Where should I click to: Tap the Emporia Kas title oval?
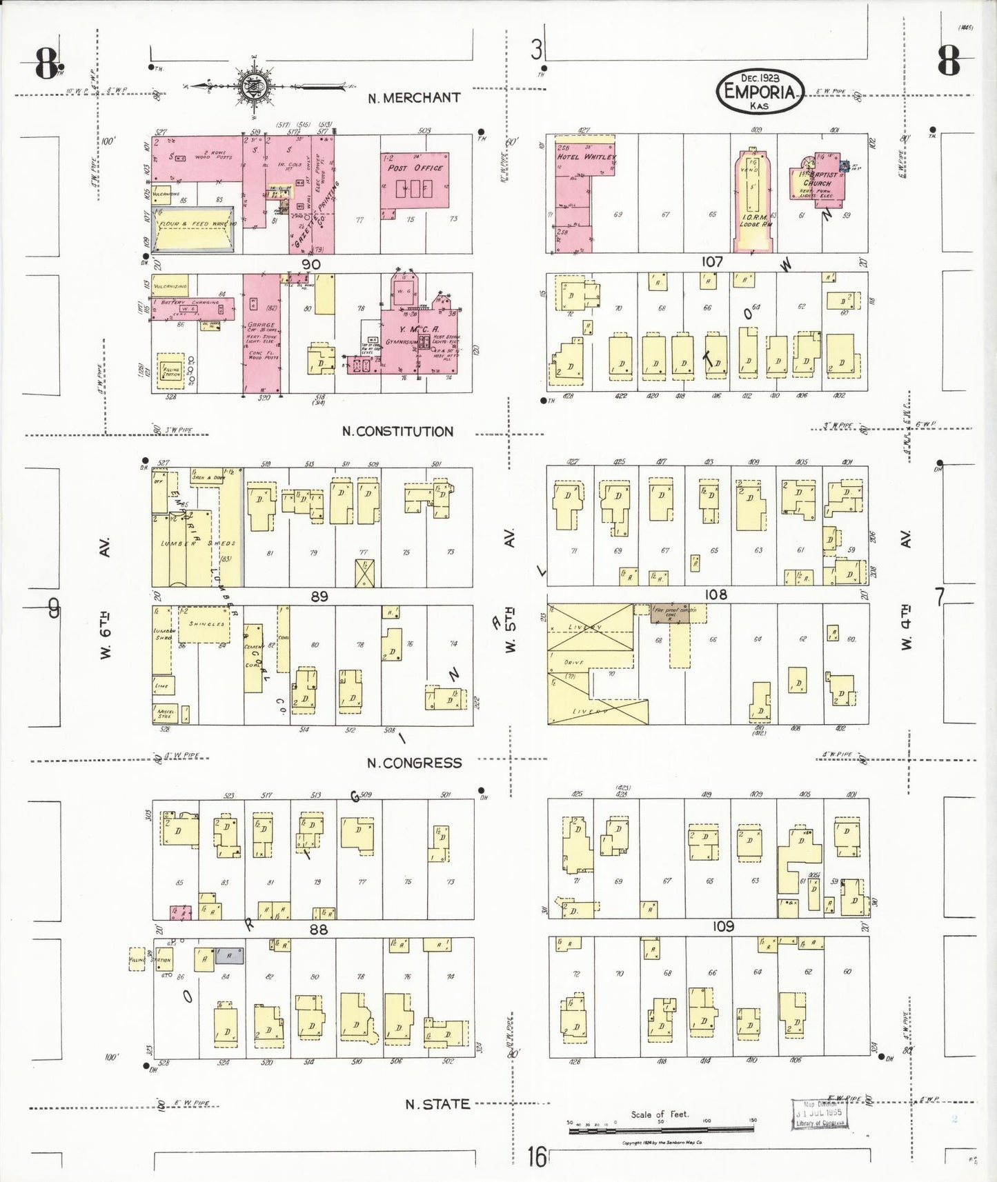760,91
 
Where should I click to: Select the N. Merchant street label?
414,98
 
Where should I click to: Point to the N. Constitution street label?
398,432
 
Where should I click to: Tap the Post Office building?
415,181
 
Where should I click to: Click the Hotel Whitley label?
585,157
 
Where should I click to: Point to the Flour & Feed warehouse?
193,228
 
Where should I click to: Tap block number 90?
310,264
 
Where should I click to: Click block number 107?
712,262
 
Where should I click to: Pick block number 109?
723,926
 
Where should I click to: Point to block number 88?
318,929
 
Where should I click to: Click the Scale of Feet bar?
662,1130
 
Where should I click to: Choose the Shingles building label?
206,624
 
